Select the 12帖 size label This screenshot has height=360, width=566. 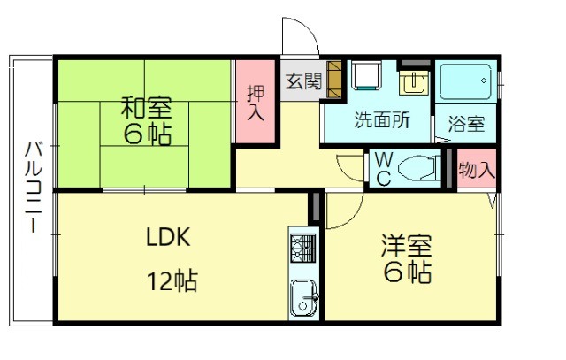point(172,282)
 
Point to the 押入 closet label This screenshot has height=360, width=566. point(255,102)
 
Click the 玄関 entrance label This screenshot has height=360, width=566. point(303,80)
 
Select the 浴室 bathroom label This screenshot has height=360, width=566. point(465,124)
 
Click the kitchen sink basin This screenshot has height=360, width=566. point(303,295)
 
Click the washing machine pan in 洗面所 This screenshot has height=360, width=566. point(364,78)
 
